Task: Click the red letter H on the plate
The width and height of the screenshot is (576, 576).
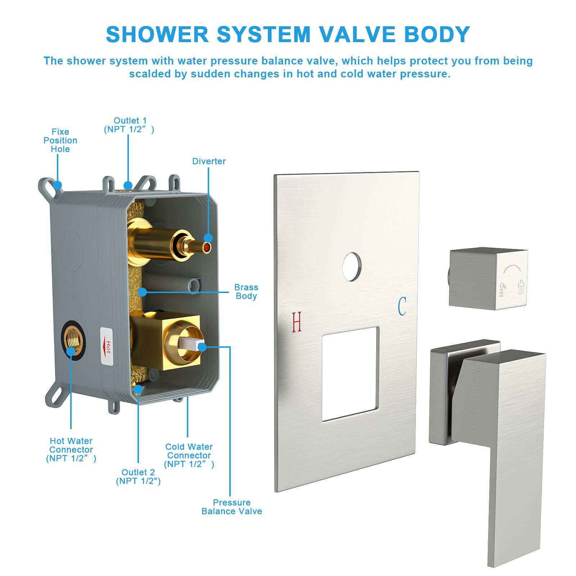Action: pos(297,321)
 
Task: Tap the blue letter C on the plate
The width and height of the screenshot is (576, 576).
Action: pos(402,306)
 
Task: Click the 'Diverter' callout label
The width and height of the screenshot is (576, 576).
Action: pos(209,161)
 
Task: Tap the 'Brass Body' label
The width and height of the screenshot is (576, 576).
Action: pos(246,292)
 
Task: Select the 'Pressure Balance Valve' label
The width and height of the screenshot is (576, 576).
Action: pos(231,507)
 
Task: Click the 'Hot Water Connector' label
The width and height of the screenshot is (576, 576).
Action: pos(71,450)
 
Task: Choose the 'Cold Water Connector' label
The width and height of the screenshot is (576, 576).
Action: pos(189,455)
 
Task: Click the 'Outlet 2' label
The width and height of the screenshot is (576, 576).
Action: pos(138,477)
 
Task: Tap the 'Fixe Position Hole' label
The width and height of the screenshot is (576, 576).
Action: pos(60,140)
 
